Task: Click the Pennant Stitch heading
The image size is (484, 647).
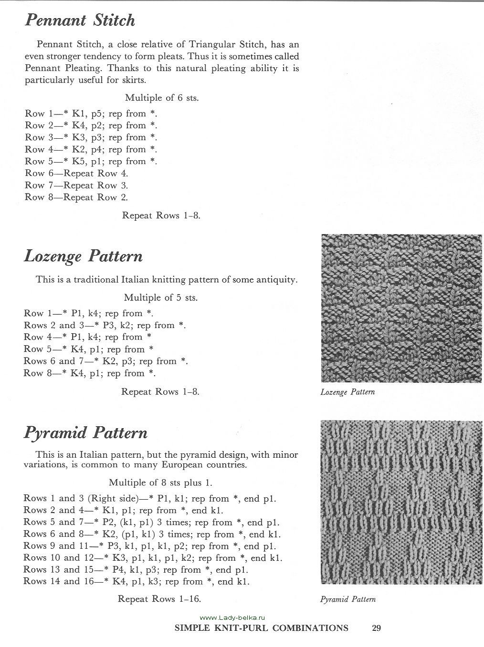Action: click(x=80, y=21)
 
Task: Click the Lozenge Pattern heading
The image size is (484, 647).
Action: click(x=84, y=257)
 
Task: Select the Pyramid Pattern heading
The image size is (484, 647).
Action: click(x=85, y=433)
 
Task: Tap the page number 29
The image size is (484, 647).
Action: click(x=376, y=628)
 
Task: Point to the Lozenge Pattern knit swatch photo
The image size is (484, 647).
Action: click(x=401, y=308)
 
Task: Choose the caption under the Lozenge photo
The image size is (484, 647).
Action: click(x=347, y=392)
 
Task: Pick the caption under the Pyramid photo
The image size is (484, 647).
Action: click(x=348, y=599)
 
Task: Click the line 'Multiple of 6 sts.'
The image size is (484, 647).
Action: click(x=162, y=98)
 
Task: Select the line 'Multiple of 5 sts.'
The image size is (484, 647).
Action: click(x=160, y=298)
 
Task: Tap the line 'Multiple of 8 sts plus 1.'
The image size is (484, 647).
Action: click(x=160, y=483)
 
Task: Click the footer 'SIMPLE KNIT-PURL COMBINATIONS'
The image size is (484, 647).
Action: click(x=262, y=628)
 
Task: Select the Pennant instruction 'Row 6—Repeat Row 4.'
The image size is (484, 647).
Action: click(x=76, y=174)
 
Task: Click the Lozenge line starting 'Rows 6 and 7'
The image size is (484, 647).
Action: click(x=105, y=361)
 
